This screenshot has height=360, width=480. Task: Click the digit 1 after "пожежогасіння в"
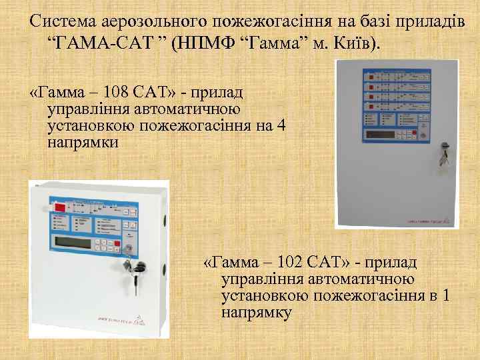click(x=445, y=295)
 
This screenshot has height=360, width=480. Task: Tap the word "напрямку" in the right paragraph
click(x=257, y=311)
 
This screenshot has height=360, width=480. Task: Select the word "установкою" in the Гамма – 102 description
click(x=263, y=295)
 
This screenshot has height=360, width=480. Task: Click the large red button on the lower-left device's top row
click(x=60, y=207)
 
